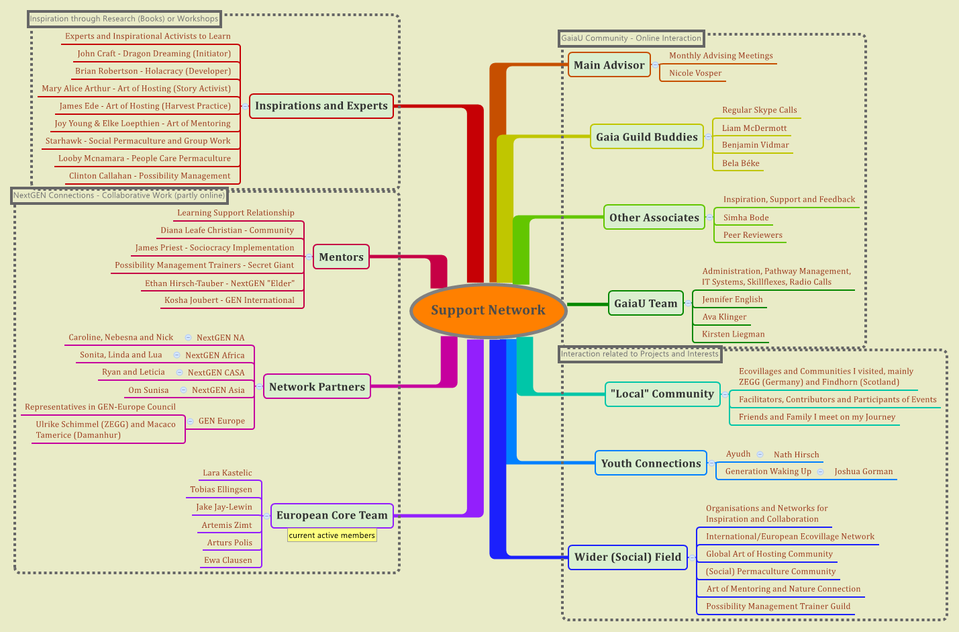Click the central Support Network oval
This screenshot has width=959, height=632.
click(488, 310)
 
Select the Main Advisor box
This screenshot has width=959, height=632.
click(609, 65)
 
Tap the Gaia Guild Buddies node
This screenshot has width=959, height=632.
click(646, 137)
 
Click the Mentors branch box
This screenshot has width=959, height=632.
click(341, 257)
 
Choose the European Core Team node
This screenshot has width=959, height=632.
click(332, 516)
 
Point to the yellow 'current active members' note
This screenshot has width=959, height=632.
click(332, 535)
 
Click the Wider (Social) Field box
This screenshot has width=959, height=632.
click(627, 557)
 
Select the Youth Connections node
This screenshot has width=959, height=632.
click(650, 463)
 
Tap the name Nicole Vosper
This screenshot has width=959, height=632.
click(695, 73)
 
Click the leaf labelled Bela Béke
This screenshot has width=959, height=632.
click(740, 163)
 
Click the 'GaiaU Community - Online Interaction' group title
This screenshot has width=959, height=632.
click(631, 38)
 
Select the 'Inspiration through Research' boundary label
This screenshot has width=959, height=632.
click(124, 19)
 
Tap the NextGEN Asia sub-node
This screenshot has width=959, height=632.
click(218, 390)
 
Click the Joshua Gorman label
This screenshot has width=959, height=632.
click(863, 471)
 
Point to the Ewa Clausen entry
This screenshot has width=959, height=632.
click(228, 560)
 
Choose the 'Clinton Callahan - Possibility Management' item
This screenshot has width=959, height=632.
click(150, 176)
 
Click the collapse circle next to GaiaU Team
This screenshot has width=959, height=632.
click(688, 304)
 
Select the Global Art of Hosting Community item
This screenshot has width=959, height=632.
click(769, 554)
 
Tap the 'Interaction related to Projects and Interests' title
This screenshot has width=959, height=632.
click(640, 354)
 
